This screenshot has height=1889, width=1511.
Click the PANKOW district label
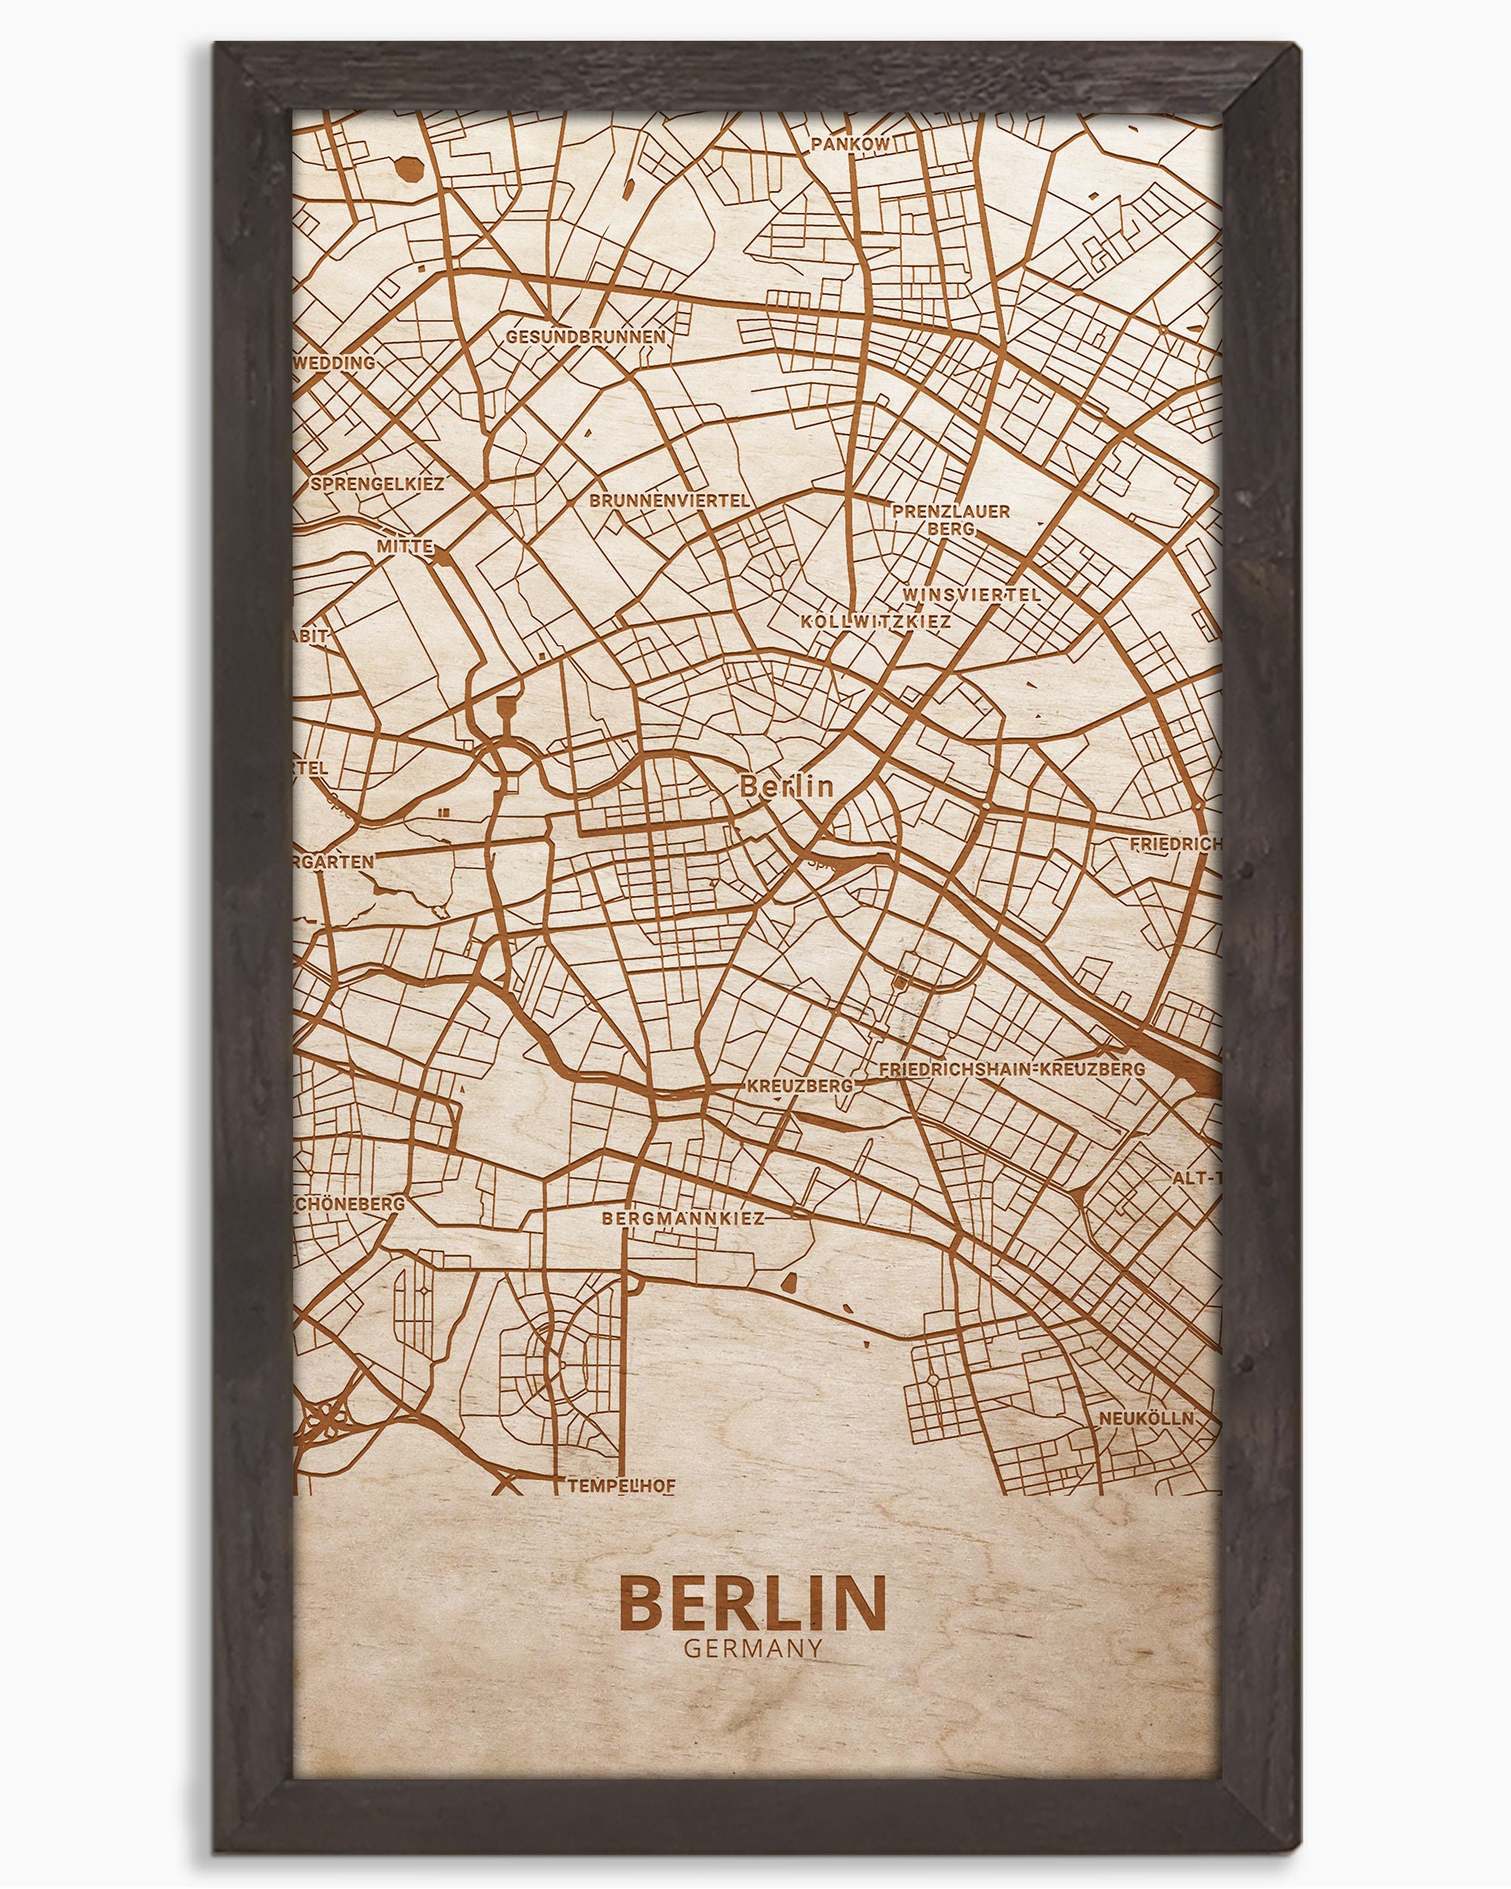[850, 144]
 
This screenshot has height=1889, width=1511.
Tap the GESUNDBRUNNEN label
[585, 336]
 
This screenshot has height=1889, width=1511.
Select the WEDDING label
[335, 363]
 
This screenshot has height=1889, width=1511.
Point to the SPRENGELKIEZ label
[378, 484]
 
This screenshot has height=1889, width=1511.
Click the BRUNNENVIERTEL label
[670, 500]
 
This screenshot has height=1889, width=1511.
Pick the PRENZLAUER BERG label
[951, 520]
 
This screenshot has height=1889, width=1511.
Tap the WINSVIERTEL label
[972, 594]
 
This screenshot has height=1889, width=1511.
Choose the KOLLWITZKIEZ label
[876, 621]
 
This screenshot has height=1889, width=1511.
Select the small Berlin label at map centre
[786, 786]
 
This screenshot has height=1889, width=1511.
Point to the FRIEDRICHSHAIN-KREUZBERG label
[1012, 1069]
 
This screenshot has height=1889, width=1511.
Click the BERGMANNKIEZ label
[683, 1218]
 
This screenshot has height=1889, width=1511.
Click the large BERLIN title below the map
[753, 1603]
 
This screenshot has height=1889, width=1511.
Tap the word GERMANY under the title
[753, 1648]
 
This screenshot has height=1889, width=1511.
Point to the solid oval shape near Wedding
[409, 169]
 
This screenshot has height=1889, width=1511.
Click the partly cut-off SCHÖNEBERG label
[351, 1204]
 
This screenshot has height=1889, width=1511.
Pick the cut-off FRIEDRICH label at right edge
[1175, 845]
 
